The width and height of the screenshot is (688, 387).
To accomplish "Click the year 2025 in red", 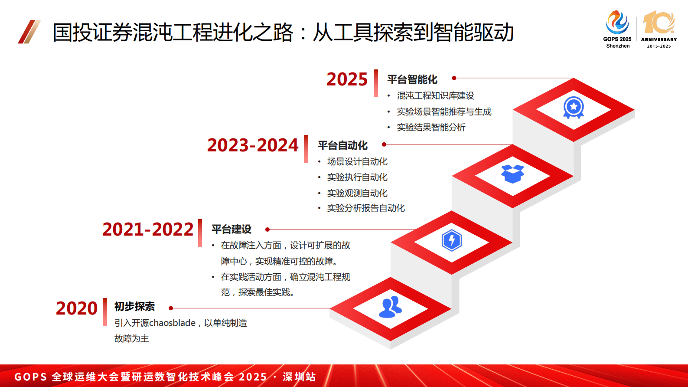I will [347, 79].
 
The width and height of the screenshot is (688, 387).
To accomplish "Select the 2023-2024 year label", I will [253, 145].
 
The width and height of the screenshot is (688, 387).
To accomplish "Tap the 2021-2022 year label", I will [148, 230].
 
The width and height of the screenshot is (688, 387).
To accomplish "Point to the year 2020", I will [77, 308].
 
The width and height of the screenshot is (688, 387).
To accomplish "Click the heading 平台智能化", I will [412, 79].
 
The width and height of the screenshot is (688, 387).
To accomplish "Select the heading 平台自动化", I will [342, 145].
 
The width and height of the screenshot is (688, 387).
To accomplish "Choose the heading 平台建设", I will [232, 229].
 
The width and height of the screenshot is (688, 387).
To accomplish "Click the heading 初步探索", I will [134, 307].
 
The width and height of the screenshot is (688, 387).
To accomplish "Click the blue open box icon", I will [512, 174].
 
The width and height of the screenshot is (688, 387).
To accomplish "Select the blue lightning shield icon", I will [452, 240].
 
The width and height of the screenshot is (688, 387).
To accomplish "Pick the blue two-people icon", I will [391, 307].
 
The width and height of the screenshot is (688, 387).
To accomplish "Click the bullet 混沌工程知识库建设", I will [435, 96].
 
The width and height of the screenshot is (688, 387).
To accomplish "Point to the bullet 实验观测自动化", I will [357, 193].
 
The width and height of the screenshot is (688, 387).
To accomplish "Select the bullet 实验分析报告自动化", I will [366, 208].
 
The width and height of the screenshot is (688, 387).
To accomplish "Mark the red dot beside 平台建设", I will [267, 230].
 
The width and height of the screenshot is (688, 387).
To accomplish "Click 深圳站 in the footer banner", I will [299, 377].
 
